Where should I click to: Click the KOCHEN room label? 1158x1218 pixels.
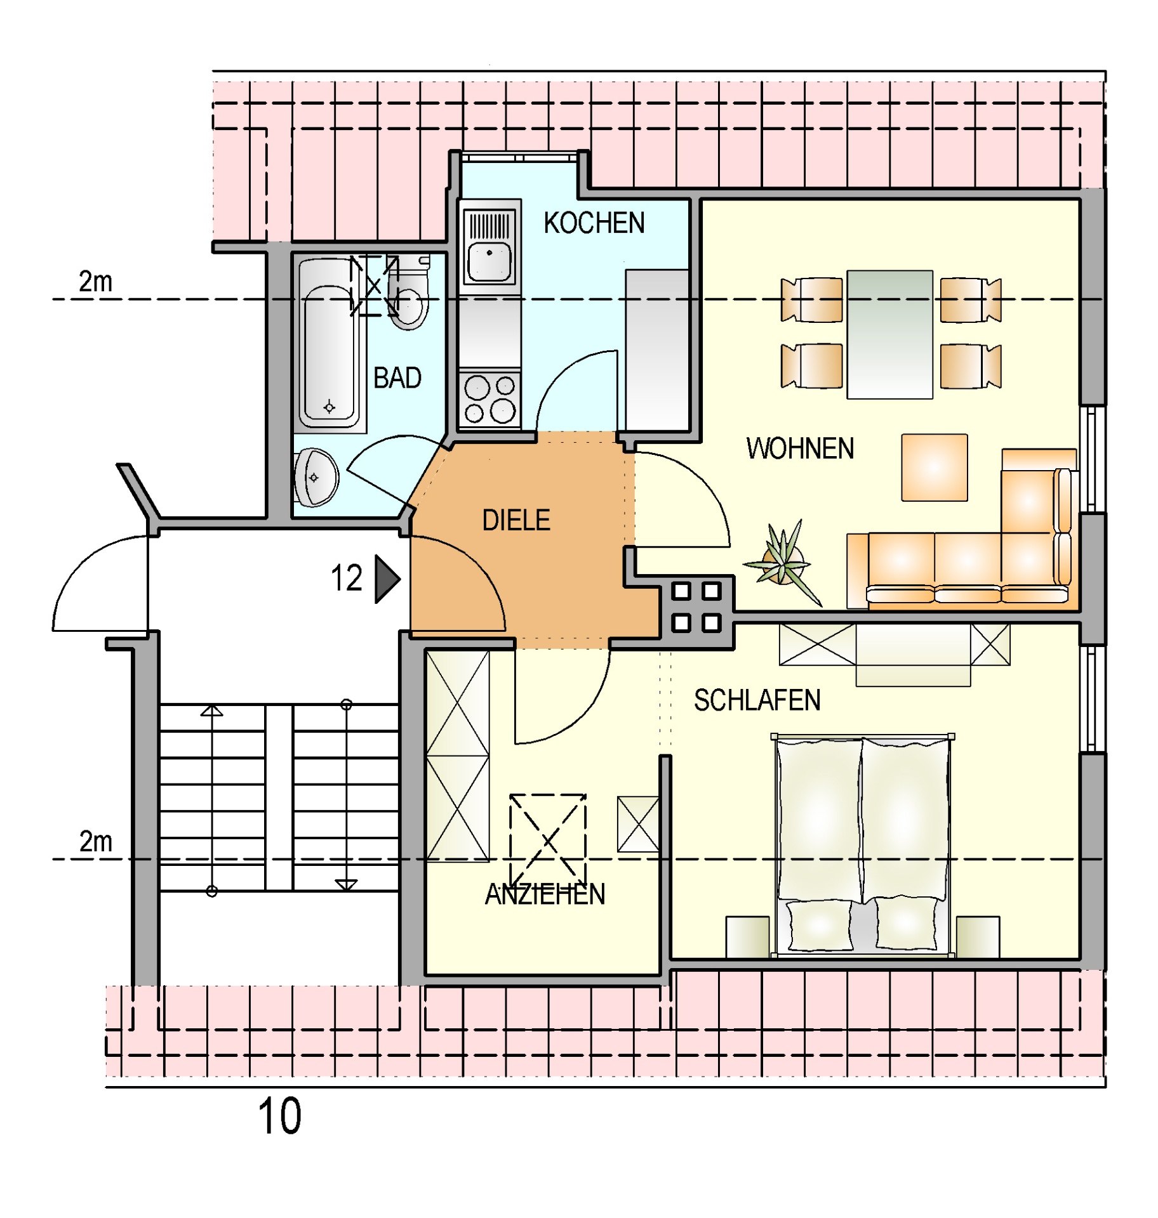594,223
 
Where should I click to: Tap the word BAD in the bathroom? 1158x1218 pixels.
397,378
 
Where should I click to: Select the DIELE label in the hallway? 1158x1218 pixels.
516,520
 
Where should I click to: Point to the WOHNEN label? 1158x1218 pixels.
800,449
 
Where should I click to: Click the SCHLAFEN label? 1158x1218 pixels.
757,700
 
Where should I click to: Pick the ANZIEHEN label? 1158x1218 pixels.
545,894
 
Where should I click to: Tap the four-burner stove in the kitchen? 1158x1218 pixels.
489,400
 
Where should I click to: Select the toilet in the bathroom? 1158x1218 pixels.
408,293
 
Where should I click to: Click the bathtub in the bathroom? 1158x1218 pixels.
328,344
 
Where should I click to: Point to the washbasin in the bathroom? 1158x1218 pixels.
316,478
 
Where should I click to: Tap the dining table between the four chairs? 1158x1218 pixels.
889,334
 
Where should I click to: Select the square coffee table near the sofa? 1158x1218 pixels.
935,468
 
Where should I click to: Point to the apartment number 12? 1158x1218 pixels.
347,579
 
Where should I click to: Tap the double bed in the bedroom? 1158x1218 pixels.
863,845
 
